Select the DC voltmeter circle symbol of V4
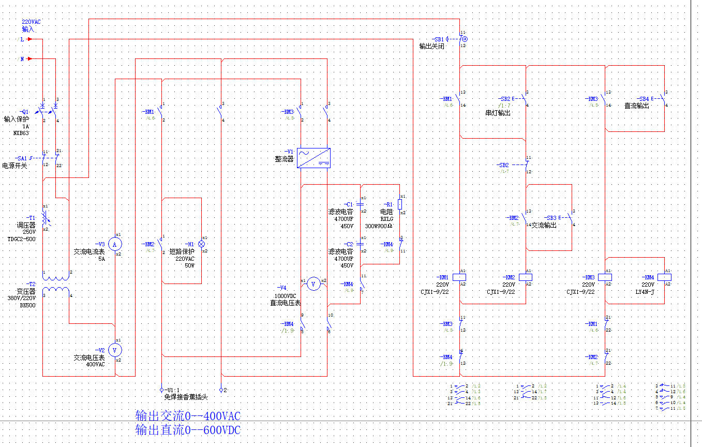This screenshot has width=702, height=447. tap(313, 284)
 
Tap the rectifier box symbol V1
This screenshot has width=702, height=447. tap(314, 158)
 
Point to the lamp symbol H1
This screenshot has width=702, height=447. tap(202, 244)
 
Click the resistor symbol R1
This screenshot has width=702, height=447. tap(400, 204)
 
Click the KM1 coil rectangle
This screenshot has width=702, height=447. tap(459, 277)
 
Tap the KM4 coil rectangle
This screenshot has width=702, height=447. tap(664, 277)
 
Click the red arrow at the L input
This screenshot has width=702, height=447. tap(31, 39)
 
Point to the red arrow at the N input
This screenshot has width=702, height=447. tap(30, 59)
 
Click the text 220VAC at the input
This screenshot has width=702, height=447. tap(31, 22)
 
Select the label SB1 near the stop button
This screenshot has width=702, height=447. tap(438, 39)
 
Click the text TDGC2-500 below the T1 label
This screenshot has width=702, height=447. tap(22, 239)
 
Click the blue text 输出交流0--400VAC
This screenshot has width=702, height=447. tap(188, 416)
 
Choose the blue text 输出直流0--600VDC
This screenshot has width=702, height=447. tap(188, 430)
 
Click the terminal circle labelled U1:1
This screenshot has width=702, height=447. tap(161, 390)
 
